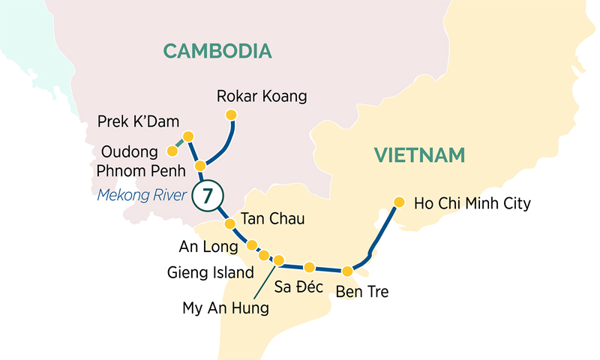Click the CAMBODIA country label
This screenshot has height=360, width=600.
pos(217,51)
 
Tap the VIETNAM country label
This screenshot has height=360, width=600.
pos(420,155)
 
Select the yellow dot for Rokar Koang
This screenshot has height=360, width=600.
pos(231,115)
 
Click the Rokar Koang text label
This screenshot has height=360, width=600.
pos(262,96)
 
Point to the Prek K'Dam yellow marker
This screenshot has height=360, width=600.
pos(188,136)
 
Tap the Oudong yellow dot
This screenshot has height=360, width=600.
pos(172,151)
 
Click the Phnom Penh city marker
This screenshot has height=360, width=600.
pos(200,165)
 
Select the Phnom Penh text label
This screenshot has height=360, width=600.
pos(141,171)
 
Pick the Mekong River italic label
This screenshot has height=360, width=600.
pos(141,196)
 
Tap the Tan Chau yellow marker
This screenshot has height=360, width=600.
pos(229,223)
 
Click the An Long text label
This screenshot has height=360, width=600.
pos(208,245)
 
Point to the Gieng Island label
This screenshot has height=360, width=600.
pos(211,272)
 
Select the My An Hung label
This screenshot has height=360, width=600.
pos(225,307)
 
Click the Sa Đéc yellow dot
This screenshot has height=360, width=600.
pos(309,266)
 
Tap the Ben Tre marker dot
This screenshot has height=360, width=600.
pos(347,271)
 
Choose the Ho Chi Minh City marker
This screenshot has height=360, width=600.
pos(399,202)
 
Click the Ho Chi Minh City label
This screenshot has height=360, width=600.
pos(472,202)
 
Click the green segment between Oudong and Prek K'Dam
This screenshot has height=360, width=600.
pos(180,143)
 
